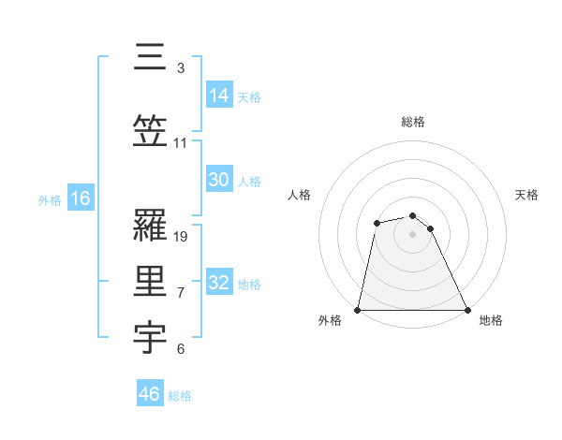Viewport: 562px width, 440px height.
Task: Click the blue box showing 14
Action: pyautogui.click(x=219, y=95)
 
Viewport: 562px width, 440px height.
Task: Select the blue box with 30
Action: pyautogui.click(x=219, y=180)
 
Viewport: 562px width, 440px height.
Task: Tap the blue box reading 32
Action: pyautogui.click(x=219, y=283)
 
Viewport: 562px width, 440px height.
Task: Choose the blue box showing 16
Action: pyautogui.click(x=81, y=198)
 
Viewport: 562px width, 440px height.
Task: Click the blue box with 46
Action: pyautogui.click(x=150, y=394)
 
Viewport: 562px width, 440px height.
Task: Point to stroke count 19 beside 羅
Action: pyautogui.click(x=182, y=237)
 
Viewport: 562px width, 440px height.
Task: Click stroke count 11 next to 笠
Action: pyautogui.click(x=181, y=143)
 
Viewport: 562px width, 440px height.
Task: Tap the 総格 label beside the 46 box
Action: pyautogui.click(x=181, y=396)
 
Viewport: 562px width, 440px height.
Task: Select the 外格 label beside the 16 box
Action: pyautogui.click(x=50, y=200)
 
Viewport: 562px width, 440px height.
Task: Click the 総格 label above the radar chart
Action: pyautogui.click(x=413, y=122)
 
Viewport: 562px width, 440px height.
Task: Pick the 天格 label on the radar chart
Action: pyautogui.click(x=526, y=195)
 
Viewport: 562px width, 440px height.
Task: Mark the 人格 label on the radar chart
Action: pyautogui.click(x=300, y=195)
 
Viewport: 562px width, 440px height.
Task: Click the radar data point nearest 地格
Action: pyautogui.click(x=466, y=310)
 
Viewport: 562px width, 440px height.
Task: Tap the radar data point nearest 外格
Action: pyautogui.click(x=358, y=310)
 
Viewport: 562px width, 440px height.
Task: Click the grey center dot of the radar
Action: pyautogui.click(x=412, y=234)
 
